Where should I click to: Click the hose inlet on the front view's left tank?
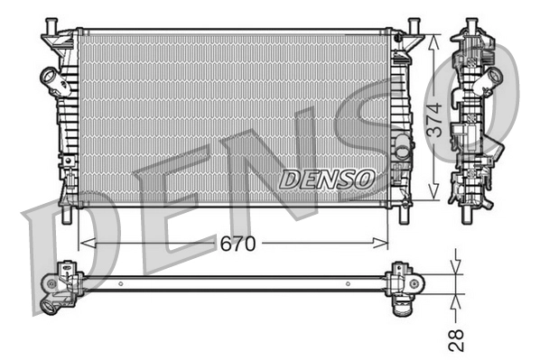click(50, 79)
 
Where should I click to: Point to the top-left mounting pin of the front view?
click(51, 25)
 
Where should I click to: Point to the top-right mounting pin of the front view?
click(413, 24)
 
